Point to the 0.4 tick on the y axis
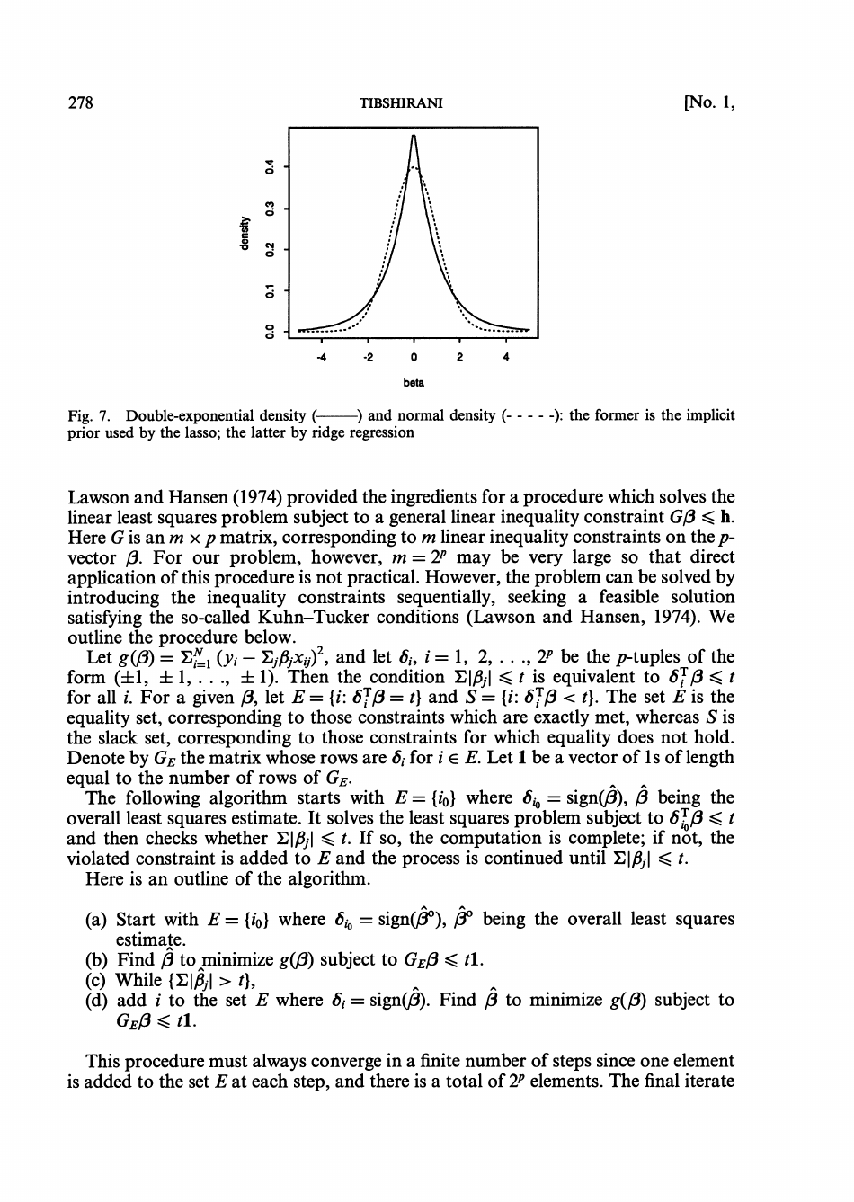point(266,166)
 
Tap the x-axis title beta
point(414,382)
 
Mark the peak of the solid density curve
point(414,136)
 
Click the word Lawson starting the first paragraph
point(97,496)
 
